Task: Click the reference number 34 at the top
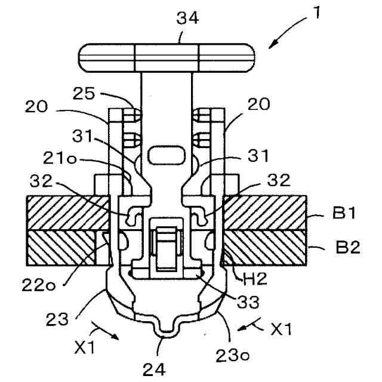pyautogui.click(x=187, y=18)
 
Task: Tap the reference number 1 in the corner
pyautogui.click(x=316, y=13)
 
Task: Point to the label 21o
pyautogui.click(x=60, y=159)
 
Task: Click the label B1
pyautogui.click(x=344, y=212)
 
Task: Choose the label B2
pyautogui.click(x=348, y=247)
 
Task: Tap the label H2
pyautogui.click(x=255, y=279)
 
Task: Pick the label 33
pyautogui.click(x=248, y=301)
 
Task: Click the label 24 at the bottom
pyautogui.click(x=154, y=369)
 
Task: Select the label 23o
pyautogui.click(x=232, y=356)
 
